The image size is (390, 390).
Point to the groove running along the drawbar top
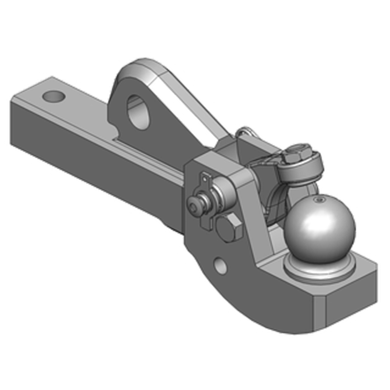pos(146,149)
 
